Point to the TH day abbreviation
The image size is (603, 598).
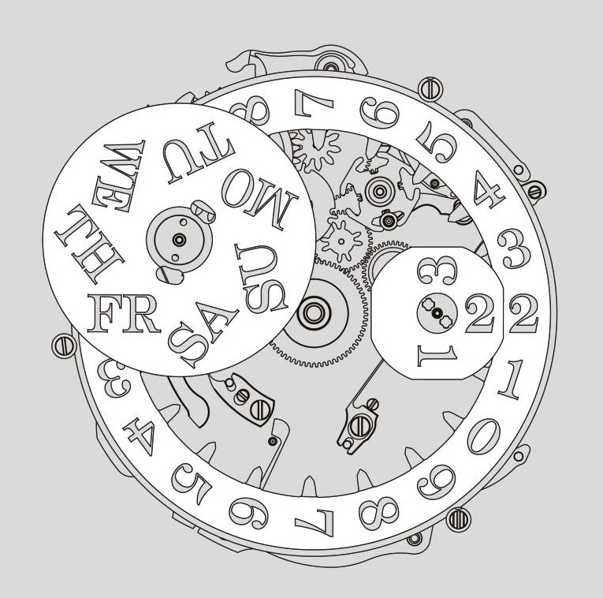[89, 245]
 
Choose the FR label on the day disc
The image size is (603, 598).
[124, 314]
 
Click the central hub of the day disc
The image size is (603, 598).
[179, 240]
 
